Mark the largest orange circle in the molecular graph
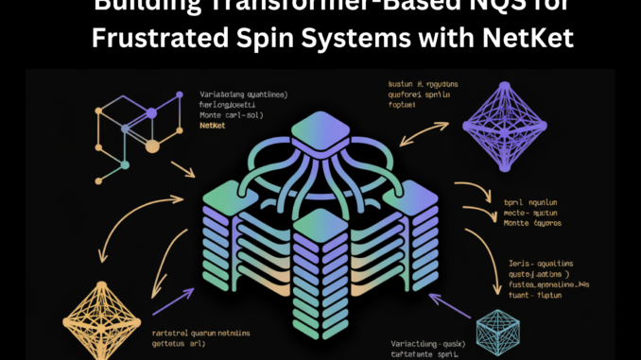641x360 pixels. coord(151,146)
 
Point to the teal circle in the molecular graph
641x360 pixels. coord(125,167)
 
